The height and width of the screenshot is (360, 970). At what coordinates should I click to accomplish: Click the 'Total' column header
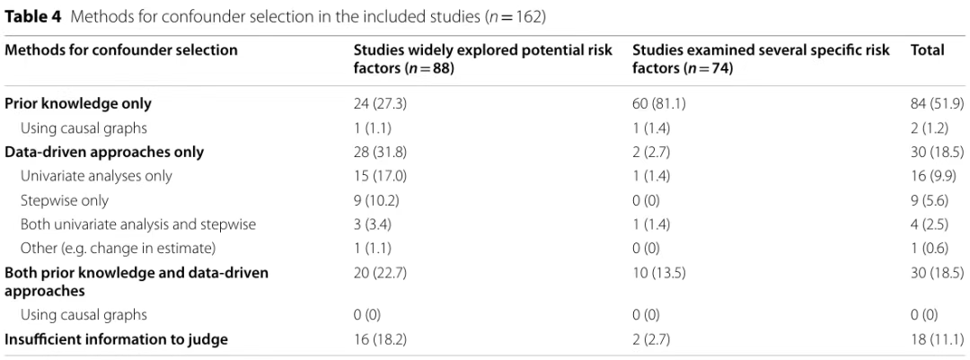pyautogui.click(x=927, y=50)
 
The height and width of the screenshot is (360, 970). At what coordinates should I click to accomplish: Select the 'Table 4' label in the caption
pyautogui.click(x=33, y=17)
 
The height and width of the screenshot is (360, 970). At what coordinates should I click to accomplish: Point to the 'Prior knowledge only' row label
pyautogui.click(x=78, y=104)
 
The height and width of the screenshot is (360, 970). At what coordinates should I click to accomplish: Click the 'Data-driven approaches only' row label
pyautogui.click(x=104, y=152)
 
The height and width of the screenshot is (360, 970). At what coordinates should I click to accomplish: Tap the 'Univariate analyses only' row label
pyautogui.click(x=96, y=176)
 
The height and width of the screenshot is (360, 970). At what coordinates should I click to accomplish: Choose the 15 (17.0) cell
pyautogui.click(x=380, y=176)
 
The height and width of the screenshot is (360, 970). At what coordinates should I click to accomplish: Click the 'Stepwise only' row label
pyautogui.click(x=65, y=201)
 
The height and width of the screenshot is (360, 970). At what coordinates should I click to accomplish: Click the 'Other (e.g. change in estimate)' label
pyautogui.click(x=119, y=249)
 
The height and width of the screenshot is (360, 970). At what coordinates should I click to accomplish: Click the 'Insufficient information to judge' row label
pyautogui.click(x=116, y=339)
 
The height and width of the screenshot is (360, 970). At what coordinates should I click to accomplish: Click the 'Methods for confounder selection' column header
pyautogui.click(x=121, y=50)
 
